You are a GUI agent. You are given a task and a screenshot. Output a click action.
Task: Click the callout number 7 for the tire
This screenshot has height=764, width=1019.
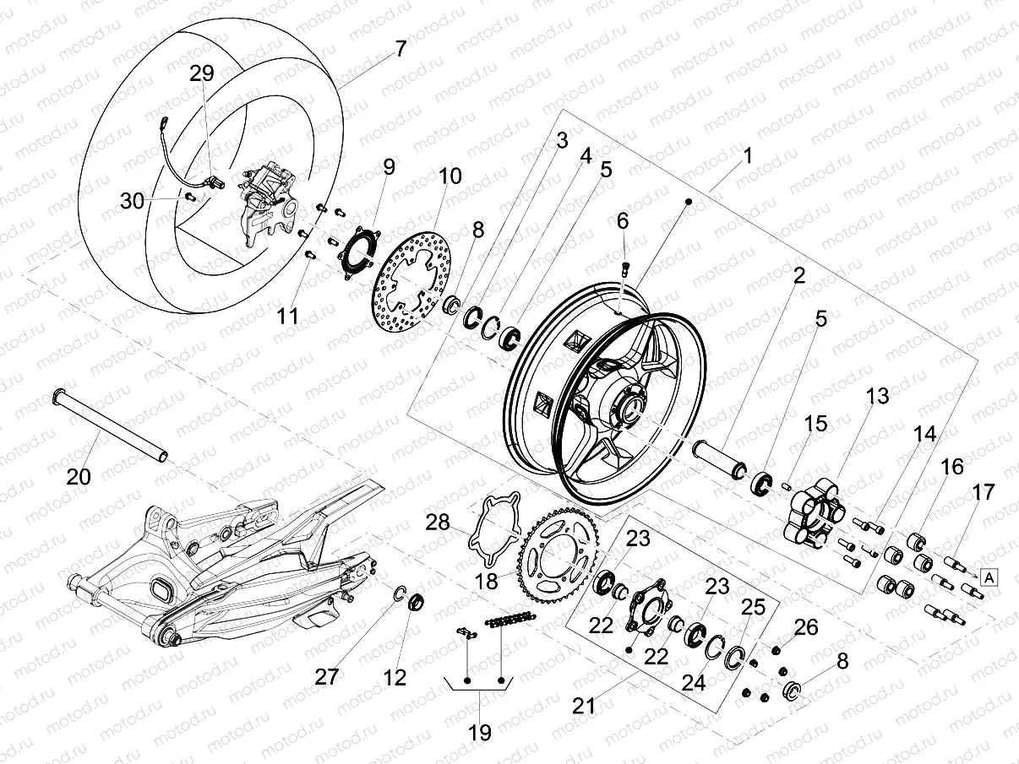pyautogui.click(x=400, y=49)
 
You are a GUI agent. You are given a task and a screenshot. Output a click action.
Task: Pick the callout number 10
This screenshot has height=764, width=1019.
pyautogui.click(x=450, y=176)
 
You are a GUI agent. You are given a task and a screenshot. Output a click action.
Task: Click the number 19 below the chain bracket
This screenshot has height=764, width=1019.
pyautogui.click(x=479, y=733)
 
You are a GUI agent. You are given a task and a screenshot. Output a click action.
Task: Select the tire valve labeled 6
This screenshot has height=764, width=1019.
pyautogui.click(x=624, y=268)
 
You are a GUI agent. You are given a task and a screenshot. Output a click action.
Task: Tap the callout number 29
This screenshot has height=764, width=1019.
pyautogui.click(x=201, y=74)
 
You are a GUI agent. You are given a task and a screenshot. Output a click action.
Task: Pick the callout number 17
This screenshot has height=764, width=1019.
pyautogui.click(x=984, y=492)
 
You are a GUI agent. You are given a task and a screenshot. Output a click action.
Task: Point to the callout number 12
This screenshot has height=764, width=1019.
pyautogui.click(x=395, y=677)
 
